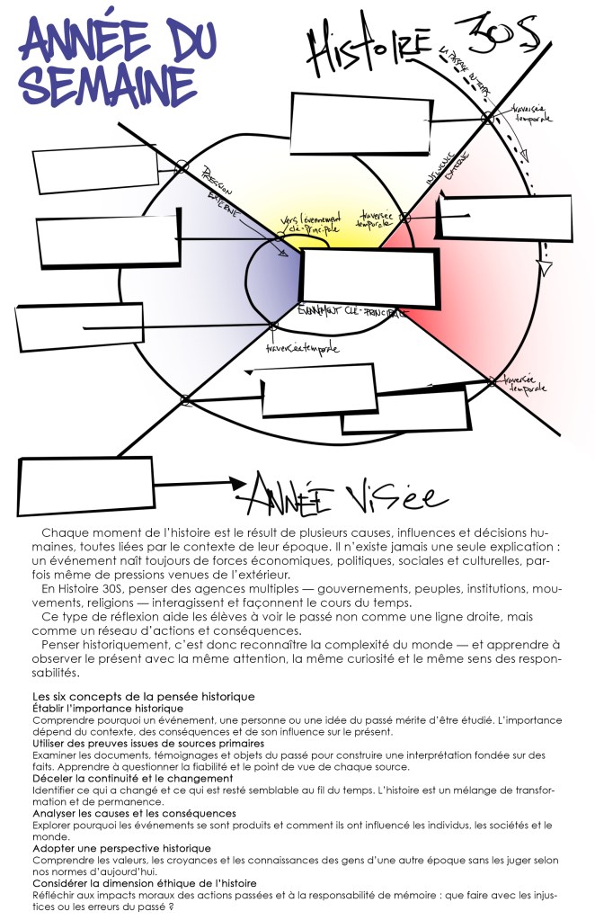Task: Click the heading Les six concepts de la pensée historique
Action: pos(144,696)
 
